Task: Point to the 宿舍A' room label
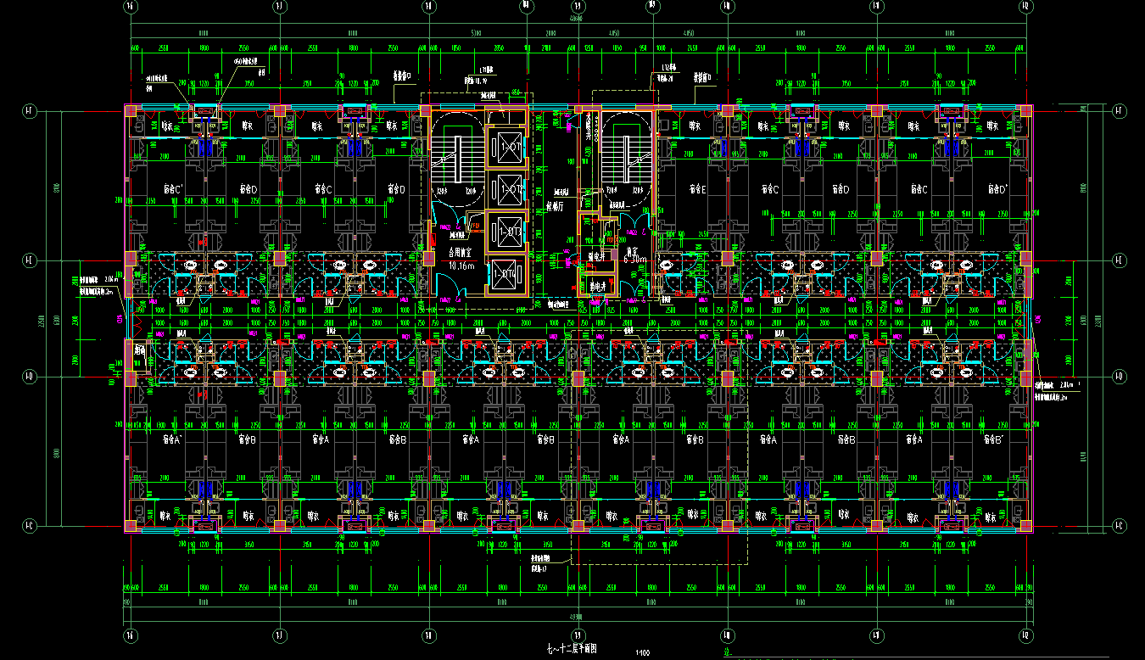click(172, 440)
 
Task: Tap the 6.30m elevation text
click(635, 260)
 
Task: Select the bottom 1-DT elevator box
click(510, 275)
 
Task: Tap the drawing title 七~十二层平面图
click(572, 649)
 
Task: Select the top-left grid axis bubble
click(131, 6)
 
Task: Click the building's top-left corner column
click(131, 111)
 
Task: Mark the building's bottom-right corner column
click(1026, 526)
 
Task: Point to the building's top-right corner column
click(1026, 111)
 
